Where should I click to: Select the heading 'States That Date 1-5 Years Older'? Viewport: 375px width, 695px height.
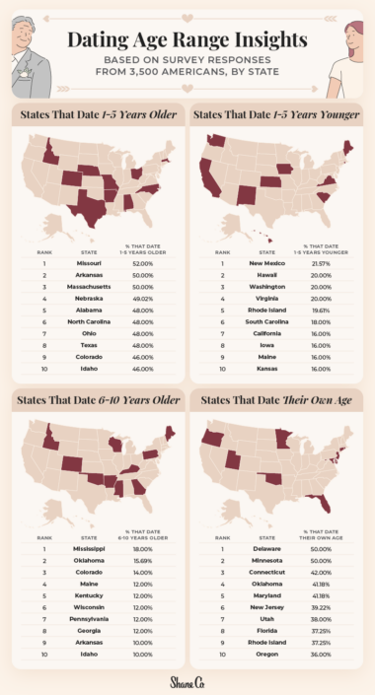(96, 115)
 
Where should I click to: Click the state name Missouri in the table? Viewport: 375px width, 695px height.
(89, 264)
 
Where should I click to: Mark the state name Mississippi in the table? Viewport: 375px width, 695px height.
(89, 548)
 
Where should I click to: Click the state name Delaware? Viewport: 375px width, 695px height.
(267, 548)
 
